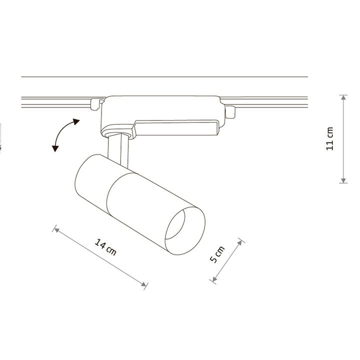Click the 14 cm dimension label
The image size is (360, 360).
click(105, 247)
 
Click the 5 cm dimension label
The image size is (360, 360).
click(217, 254)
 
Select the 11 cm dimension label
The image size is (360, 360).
click(329, 138)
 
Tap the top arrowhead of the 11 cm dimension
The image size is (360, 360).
click(343, 97)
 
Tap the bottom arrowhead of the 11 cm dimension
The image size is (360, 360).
click(343, 180)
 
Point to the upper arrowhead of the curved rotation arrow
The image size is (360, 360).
click(76, 121)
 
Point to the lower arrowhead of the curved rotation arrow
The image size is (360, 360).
click(55, 148)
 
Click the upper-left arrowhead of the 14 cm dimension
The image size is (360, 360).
click(56, 230)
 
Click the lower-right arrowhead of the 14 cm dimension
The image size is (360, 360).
click(143, 284)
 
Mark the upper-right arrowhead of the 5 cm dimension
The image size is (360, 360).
click(240, 243)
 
